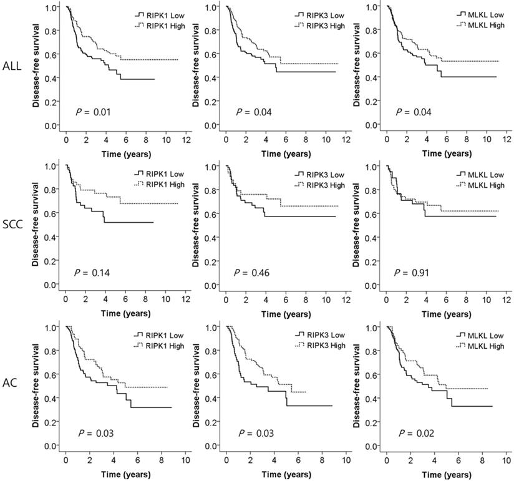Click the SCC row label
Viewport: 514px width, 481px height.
pyautogui.click(x=12, y=226)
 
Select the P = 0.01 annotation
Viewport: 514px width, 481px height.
pyautogui.click(x=93, y=112)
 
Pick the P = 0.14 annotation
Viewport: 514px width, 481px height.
pyautogui.click(x=94, y=273)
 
